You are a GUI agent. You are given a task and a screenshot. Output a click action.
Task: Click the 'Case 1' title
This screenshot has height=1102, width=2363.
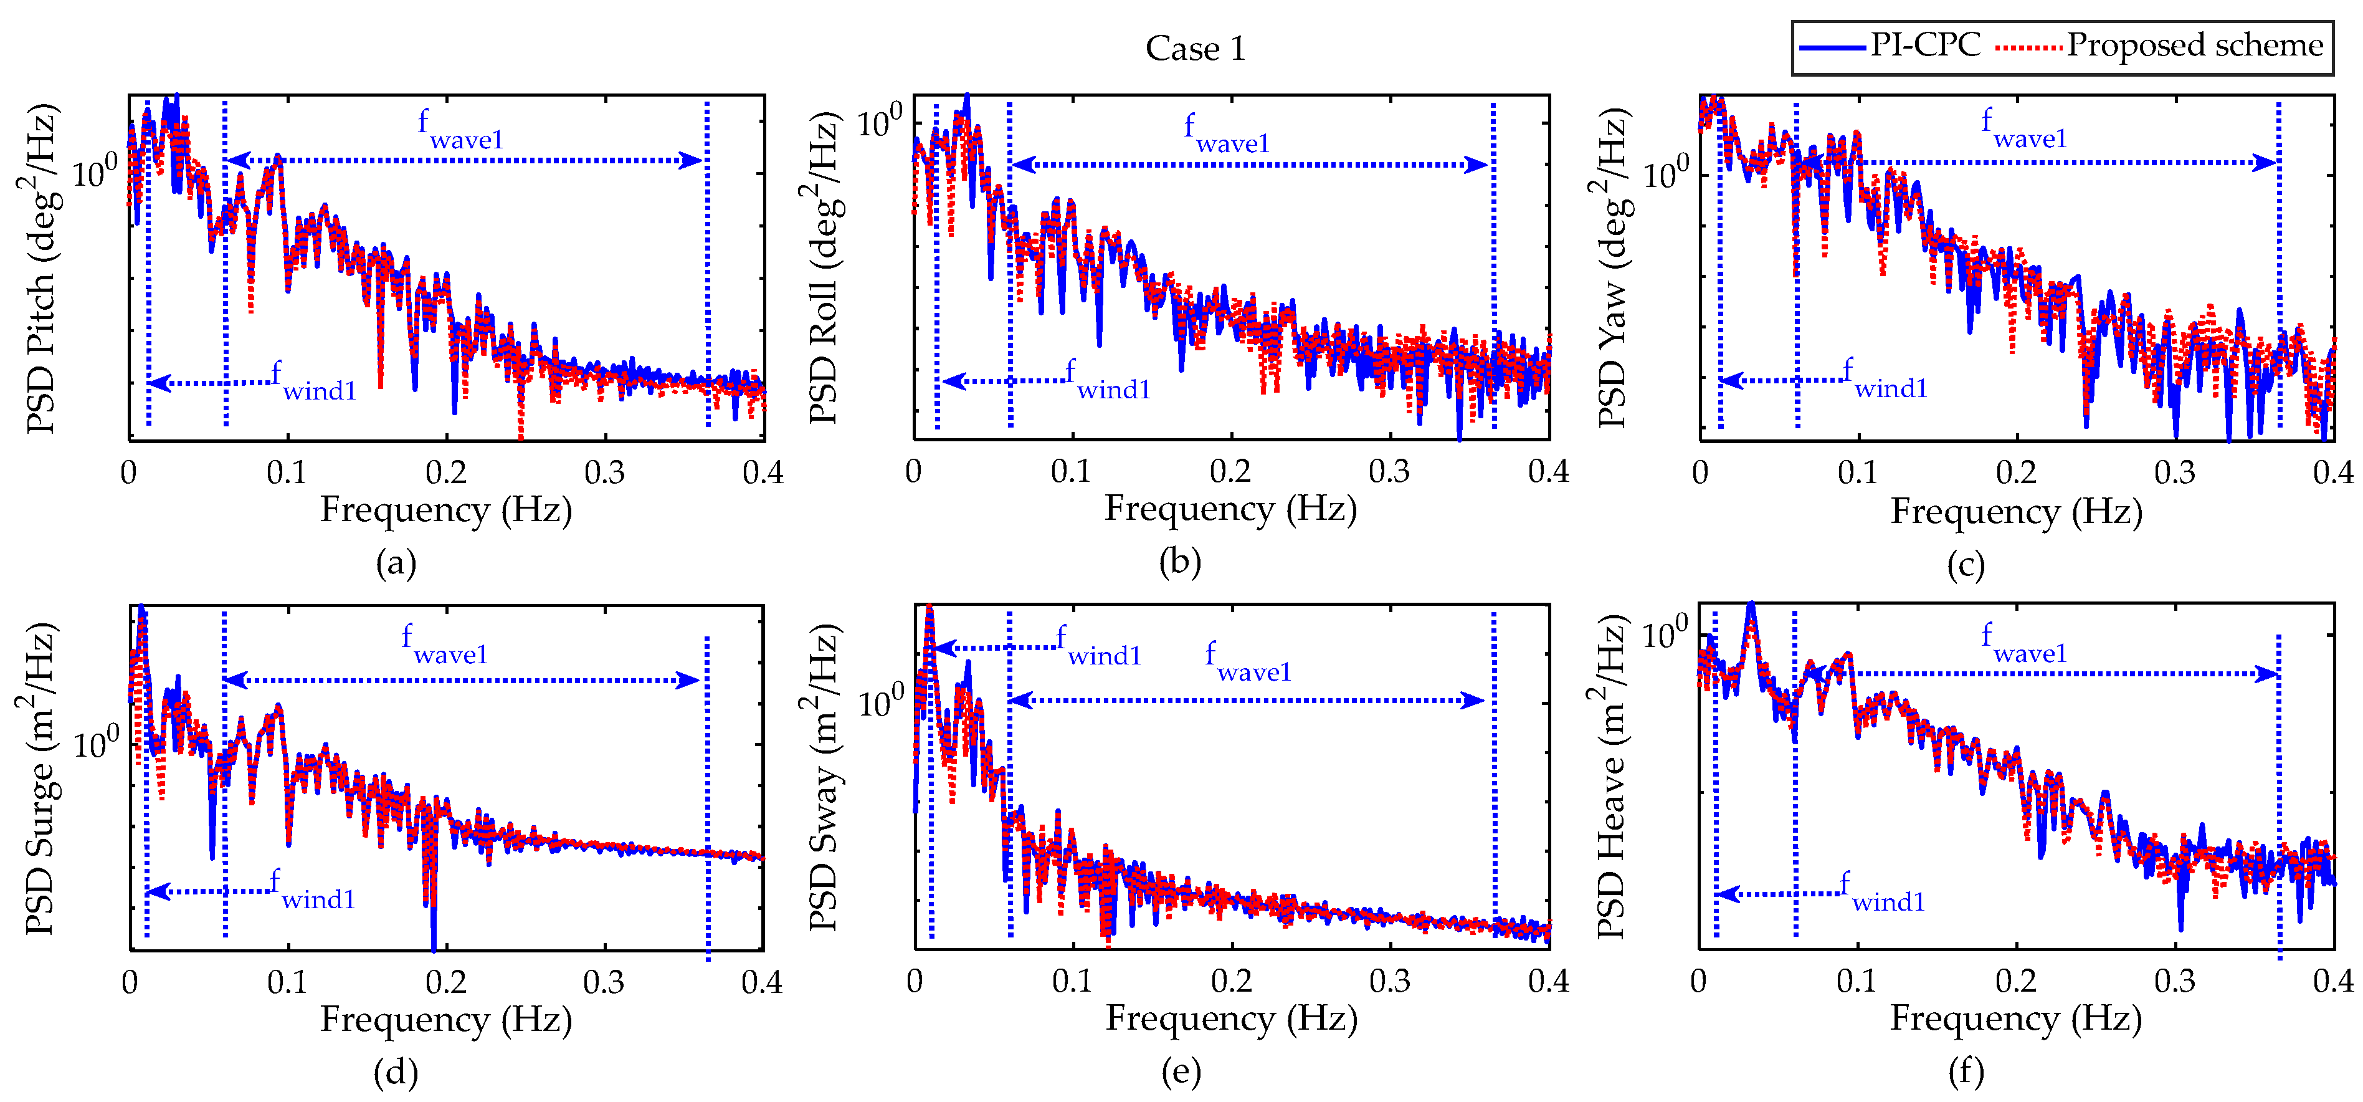point(1196,49)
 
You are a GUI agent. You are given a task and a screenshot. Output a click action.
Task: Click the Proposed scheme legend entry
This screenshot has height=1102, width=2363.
point(2161,45)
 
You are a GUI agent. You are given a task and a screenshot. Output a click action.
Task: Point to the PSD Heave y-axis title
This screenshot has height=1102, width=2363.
point(1611,778)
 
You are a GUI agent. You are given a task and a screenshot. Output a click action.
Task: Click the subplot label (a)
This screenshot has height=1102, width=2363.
point(396,562)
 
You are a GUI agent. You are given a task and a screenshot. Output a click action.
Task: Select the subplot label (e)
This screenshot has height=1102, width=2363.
point(1181,1071)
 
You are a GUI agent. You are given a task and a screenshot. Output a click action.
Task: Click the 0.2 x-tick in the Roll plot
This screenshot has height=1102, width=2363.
point(1230,472)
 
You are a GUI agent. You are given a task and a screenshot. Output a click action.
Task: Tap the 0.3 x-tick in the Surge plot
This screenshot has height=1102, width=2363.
point(604,983)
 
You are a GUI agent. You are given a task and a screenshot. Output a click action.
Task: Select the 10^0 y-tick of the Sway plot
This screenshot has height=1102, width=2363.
point(881,701)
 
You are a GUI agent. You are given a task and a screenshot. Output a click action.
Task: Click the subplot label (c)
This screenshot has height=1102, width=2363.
point(1966,564)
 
